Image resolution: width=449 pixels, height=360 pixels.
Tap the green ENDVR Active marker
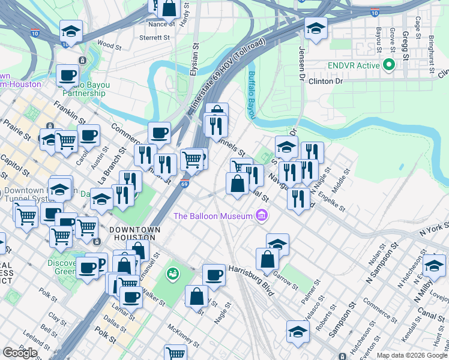pyautogui.click(x=389, y=65)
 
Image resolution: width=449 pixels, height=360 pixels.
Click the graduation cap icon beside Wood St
pyautogui.click(x=71, y=32)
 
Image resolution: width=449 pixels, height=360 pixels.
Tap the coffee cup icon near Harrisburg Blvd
pyautogui.click(x=214, y=276)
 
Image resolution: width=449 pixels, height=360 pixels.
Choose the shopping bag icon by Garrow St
pyautogui.click(x=267, y=260)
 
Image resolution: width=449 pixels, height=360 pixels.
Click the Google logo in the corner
pyautogui.click(x=20, y=353)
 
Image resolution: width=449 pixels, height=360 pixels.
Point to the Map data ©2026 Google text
pyautogui.click(x=412, y=355)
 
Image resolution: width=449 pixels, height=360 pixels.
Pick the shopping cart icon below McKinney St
pyautogui.click(x=175, y=353)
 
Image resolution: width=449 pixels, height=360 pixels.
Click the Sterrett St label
pyautogui.click(x=154, y=37)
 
